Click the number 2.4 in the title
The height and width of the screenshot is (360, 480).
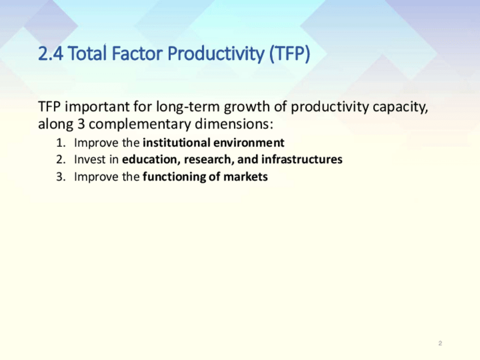pyautogui.click(x=51, y=54)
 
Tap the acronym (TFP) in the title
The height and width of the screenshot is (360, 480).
pyautogui.click(x=290, y=54)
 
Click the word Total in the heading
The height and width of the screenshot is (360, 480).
pyautogui.click(x=87, y=53)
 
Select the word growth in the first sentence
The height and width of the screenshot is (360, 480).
pyautogui.click(x=247, y=107)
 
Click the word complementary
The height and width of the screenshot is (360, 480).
pyautogui.click(x=140, y=125)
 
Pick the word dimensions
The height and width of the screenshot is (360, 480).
pyautogui.click(x=234, y=124)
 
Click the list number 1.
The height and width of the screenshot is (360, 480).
pyautogui.click(x=61, y=143)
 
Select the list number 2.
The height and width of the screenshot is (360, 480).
pyautogui.click(x=61, y=160)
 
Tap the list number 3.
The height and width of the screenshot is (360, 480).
pyautogui.click(x=61, y=177)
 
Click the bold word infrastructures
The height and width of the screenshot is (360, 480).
pyautogui.click(x=302, y=159)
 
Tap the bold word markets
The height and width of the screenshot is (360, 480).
pyautogui.click(x=246, y=177)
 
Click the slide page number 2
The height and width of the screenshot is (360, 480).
pyautogui.click(x=440, y=343)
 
